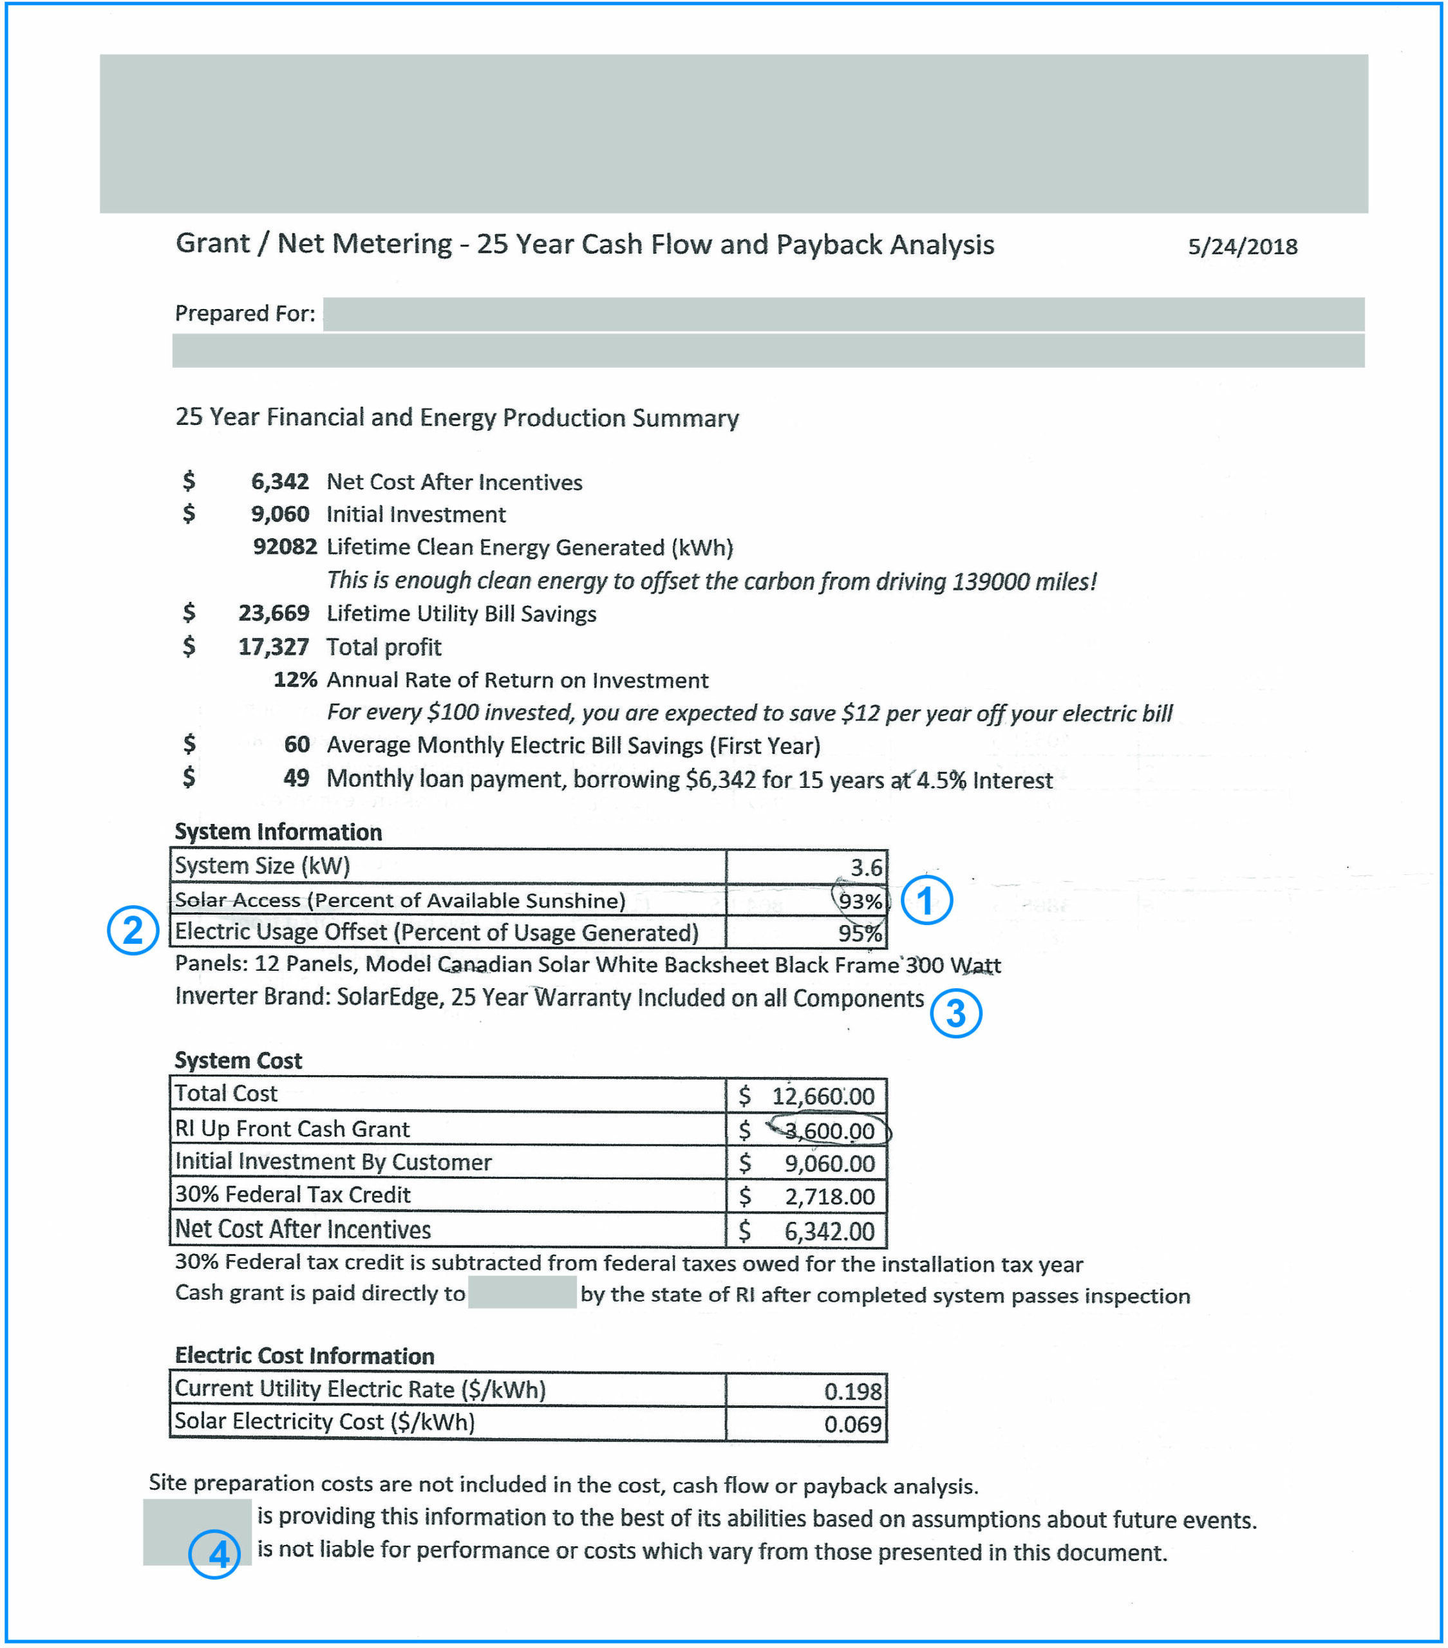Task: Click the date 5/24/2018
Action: tap(1241, 246)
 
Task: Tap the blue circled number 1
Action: tap(926, 901)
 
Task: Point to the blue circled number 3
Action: tap(955, 1013)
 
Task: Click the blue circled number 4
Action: tap(214, 1553)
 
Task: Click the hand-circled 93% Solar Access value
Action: tap(860, 901)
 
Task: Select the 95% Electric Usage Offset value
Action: tap(860, 933)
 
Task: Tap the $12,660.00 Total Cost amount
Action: tap(822, 1096)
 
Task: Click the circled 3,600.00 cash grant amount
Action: tap(829, 1130)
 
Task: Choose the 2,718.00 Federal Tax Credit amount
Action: tap(829, 1197)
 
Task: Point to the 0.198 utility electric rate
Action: tap(852, 1390)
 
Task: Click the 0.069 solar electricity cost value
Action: tap(852, 1424)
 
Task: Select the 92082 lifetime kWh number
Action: tap(285, 547)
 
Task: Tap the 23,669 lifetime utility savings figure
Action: tap(274, 613)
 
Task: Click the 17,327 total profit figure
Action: tap(274, 646)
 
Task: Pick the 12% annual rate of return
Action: tap(295, 680)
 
